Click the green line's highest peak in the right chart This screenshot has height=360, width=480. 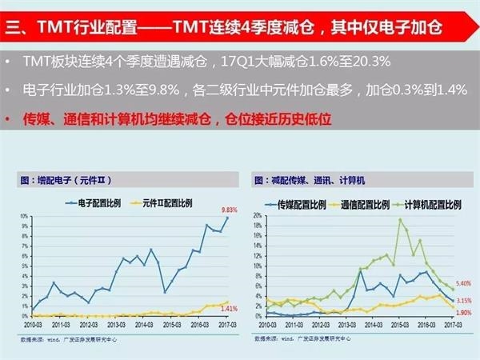click(400, 220)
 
